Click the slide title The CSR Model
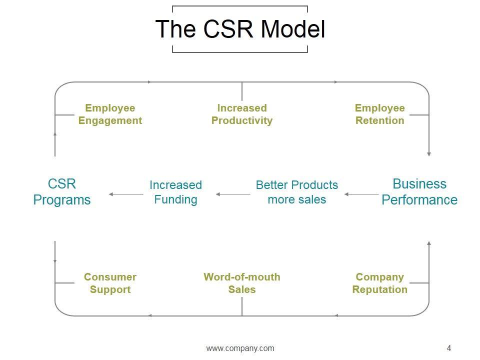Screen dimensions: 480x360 click(x=240, y=29)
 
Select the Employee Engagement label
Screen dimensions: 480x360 click(x=110, y=114)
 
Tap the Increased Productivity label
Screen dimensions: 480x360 click(x=242, y=114)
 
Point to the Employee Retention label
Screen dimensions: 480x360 click(x=379, y=114)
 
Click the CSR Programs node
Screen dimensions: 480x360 click(x=62, y=191)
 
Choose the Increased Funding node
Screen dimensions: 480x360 click(x=175, y=192)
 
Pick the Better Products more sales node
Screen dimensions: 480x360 click(x=297, y=192)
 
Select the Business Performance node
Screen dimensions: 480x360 click(x=419, y=191)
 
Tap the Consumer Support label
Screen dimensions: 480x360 click(x=110, y=283)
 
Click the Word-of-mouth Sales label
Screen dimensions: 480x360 click(x=242, y=283)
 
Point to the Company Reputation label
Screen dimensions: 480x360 click(x=379, y=283)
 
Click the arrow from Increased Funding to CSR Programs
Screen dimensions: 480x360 click(x=126, y=194)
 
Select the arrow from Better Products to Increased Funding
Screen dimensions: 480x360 click(x=233, y=194)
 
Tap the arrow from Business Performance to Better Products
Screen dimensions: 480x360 click(x=361, y=194)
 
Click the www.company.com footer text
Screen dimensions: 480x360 click(x=240, y=348)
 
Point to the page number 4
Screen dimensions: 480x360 click(x=449, y=348)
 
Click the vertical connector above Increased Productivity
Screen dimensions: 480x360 click(x=242, y=91)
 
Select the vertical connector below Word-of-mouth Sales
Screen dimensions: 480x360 click(x=242, y=306)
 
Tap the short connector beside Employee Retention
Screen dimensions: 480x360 click(x=419, y=115)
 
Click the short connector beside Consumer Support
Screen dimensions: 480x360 click(x=64, y=283)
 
